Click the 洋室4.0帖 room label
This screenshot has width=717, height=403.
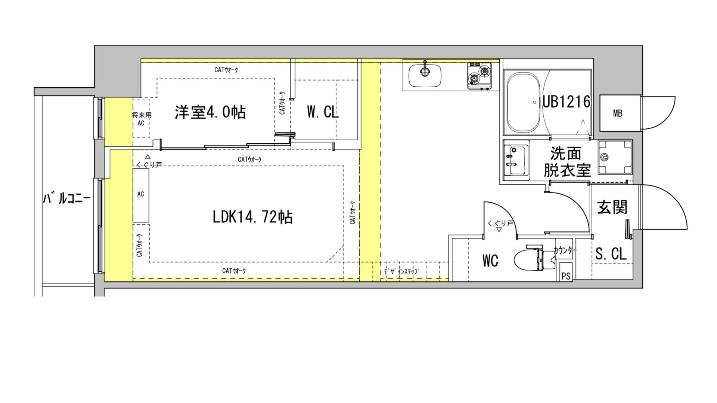click(210, 112)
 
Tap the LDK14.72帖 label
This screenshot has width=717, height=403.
click(252, 217)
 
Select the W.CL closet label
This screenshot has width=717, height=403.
click(323, 112)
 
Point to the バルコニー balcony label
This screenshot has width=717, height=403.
click(66, 199)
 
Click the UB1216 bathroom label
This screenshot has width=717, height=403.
click(566, 101)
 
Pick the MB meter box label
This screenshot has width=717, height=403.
click(618, 113)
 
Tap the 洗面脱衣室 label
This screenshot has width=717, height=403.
click(567, 162)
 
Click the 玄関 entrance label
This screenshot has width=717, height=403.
click(612, 207)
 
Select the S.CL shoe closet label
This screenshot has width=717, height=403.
click(611, 254)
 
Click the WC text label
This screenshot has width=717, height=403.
click(490, 261)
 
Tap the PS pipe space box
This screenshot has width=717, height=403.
click(566, 277)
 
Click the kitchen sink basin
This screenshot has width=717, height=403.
click(425, 75)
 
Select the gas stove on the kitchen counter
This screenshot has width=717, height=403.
click(479, 76)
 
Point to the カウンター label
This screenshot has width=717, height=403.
click(565, 251)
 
